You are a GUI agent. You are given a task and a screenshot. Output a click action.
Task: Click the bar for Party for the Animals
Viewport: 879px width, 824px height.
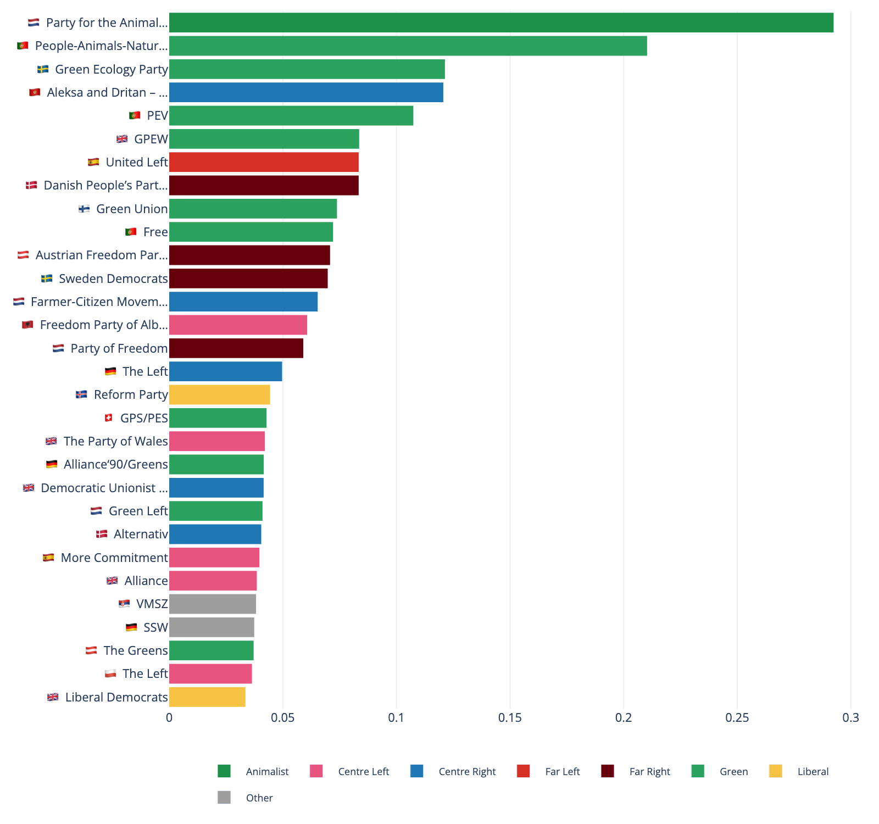(501, 23)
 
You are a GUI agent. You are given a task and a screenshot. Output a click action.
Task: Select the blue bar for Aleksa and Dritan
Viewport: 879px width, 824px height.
(306, 92)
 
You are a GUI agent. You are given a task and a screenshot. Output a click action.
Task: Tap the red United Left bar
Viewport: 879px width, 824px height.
(264, 162)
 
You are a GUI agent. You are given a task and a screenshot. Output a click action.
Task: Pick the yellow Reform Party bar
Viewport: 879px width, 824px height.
(219, 394)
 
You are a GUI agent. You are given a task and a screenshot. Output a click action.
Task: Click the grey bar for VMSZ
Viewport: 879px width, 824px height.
(212, 604)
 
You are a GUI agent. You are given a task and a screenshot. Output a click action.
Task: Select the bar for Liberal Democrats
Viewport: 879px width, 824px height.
(207, 697)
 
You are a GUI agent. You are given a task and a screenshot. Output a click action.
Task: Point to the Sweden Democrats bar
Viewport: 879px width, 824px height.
(248, 279)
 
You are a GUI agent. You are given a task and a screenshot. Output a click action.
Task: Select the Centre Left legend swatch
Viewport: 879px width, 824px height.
(316, 771)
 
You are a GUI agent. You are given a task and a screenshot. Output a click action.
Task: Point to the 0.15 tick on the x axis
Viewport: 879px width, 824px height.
(510, 717)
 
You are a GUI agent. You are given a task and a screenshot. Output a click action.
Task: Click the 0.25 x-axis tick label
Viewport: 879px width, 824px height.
(737, 717)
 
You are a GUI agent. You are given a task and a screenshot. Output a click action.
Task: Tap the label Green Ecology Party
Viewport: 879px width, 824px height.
(111, 69)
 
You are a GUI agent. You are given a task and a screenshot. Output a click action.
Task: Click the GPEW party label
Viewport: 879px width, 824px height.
(151, 139)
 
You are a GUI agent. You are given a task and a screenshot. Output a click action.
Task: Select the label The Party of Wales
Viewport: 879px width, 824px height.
(115, 441)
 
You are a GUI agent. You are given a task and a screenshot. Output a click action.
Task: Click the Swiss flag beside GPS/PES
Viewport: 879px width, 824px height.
(108, 418)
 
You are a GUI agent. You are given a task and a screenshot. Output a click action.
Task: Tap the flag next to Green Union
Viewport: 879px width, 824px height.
(84, 209)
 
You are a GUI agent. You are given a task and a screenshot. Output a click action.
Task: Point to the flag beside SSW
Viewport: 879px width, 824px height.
(131, 627)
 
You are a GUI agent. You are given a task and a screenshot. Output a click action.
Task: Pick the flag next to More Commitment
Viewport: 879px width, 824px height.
(48, 558)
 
